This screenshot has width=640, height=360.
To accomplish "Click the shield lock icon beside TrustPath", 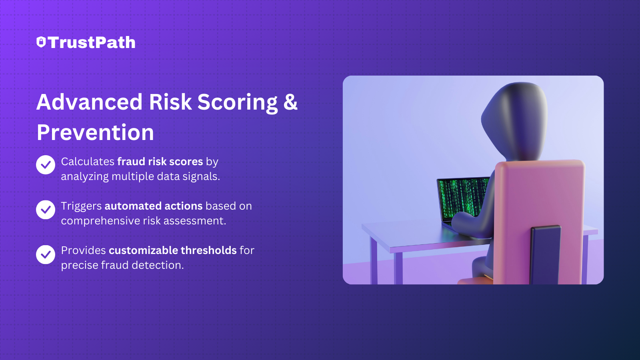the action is point(41,42).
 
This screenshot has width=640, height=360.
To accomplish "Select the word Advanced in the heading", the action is point(90,102).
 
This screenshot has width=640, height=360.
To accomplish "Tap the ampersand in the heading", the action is point(290,102).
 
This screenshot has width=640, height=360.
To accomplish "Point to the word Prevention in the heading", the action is point(96,132).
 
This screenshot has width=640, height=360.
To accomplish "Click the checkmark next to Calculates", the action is point(46,164).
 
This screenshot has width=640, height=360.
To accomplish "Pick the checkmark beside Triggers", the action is point(46,210).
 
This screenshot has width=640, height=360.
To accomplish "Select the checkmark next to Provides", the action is point(46,254).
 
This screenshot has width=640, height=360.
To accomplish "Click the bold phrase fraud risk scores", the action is point(160,162).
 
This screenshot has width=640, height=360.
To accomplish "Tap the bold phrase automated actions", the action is point(154,206).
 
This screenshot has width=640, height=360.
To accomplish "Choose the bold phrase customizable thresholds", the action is point(173,250).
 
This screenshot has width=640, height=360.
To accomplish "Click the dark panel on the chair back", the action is point(546,254).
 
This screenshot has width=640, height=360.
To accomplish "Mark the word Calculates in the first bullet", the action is point(88,162).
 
